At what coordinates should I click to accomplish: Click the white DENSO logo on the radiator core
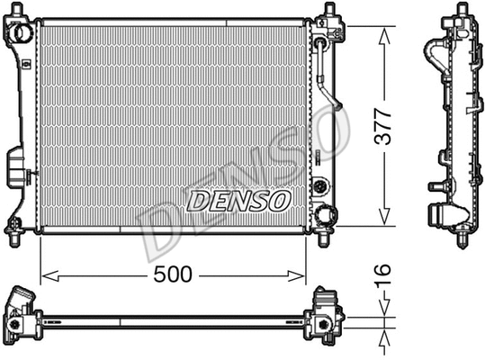pos(238,201)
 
